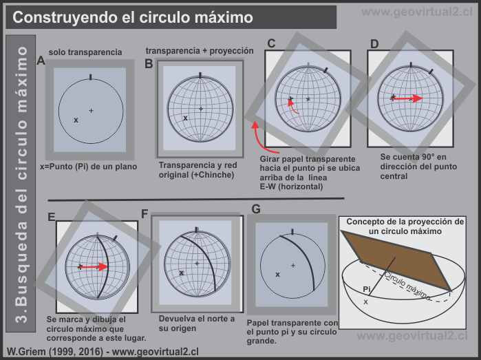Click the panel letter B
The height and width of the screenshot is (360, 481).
(149, 64)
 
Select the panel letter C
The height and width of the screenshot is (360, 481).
(271, 44)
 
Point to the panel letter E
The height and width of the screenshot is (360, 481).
(52, 217)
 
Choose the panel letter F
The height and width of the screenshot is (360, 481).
(145, 214)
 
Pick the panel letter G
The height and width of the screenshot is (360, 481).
(256, 209)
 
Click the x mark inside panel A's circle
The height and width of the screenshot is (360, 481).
(76, 120)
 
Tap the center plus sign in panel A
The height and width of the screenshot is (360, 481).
(91, 111)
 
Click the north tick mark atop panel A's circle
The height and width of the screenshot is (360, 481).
(90, 76)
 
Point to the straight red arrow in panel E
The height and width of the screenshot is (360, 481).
(94, 266)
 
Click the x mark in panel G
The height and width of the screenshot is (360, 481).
(278, 274)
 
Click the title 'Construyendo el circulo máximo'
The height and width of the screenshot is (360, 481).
(133, 17)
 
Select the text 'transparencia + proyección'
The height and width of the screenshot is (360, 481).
(200, 50)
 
